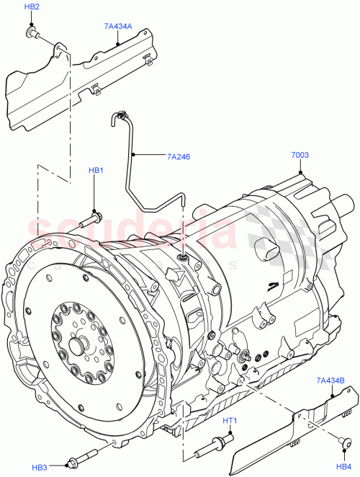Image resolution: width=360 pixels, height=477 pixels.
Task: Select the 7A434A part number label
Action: coord(117,27)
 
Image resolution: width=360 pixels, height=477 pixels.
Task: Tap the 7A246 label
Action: coord(179,155)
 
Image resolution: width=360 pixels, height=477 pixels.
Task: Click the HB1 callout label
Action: coord(96,171)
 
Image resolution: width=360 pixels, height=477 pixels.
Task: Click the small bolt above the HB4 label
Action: coord(341,440)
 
